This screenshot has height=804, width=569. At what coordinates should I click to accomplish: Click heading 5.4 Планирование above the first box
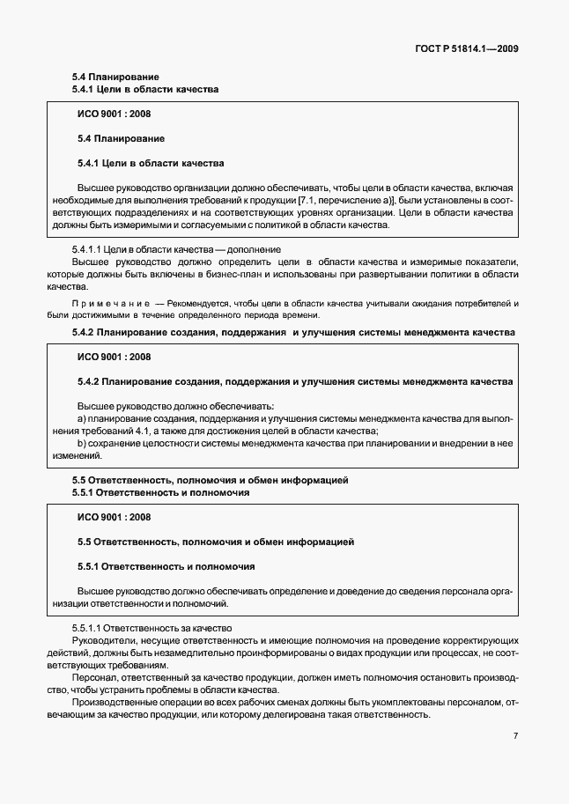[115, 77]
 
